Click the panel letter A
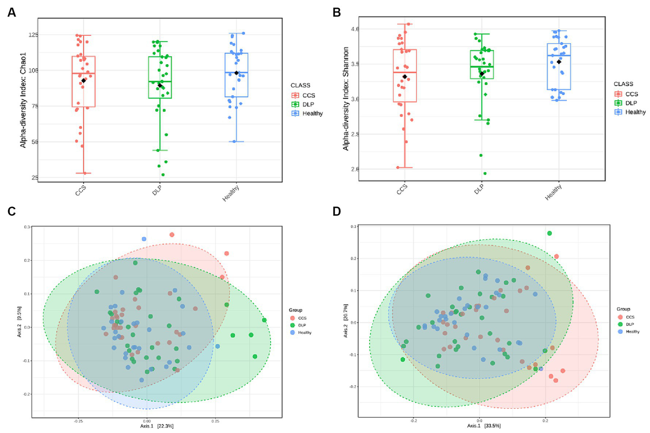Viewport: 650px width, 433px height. pyautogui.click(x=11, y=13)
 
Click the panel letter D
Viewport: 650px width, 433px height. pyautogui.click(x=337, y=211)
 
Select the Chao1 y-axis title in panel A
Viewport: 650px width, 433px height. pyautogui.click(x=23, y=100)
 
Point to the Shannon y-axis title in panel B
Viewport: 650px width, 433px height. pyautogui.click(x=346, y=99)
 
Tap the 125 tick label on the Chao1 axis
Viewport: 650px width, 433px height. pyautogui.click(x=33, y=35)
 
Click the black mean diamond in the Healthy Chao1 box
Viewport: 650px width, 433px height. pyautogui.click(x=237, y=73)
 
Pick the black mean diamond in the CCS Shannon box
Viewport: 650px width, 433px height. pyautogui.click(x=405, y=77)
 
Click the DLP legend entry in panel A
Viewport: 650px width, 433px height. pyautogui.click(x=308, y=105)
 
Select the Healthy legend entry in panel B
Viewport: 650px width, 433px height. pyautogui.click(x=635, y=112)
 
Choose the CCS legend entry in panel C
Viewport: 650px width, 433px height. pyautogui.click(x=302, y=318)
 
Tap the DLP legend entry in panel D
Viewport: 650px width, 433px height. pyautogui.click(x=630, y=324)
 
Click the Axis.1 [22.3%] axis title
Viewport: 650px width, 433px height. pyautogui.click(x=157, y=426)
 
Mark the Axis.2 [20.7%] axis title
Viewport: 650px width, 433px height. pyautogui.click(x=346, y=320)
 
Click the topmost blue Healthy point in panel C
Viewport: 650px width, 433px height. pyautogui.click(x=144, y=239)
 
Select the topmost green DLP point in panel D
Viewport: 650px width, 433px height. pyautogui.click(x=549, y=233)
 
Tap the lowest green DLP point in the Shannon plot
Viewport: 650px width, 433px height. pyautogui.click(x=485, y=173)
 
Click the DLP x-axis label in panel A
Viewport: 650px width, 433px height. pyautogui.click(x=157, y=190)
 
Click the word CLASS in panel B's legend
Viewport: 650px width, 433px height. pyautogui.click(x=623, y=84)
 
